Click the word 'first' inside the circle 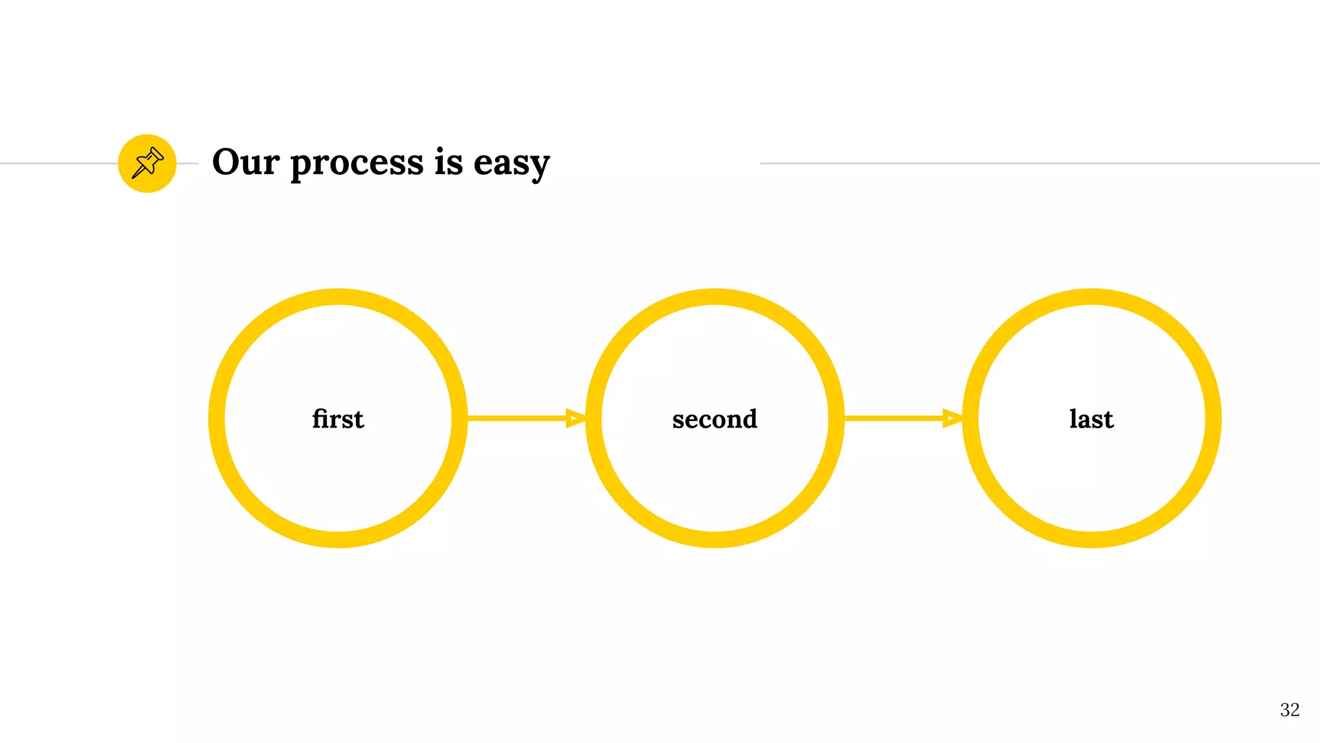(x=338, y=419)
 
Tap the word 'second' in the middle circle (x=714, y=419)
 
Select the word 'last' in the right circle (x=1091, y=419)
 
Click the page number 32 (x=1289, y=709)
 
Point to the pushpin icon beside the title (x=147, y=163)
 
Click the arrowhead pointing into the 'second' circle (x=575, y=418)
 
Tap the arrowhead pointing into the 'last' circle (x=952, y=418)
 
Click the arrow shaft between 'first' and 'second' (x=516, y=418)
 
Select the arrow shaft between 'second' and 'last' (x=893, y=418)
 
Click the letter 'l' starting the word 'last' (x=1074, y=418)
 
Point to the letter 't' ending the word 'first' (x=358, y=420)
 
